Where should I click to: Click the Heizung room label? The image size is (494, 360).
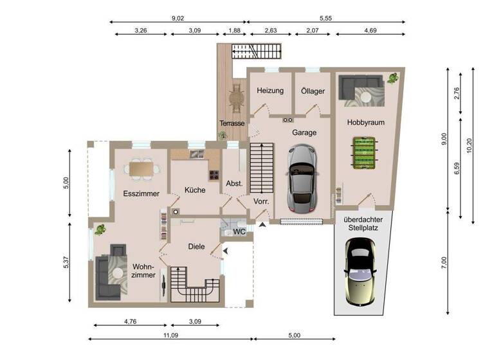pyautogui.click(x=270, y=91)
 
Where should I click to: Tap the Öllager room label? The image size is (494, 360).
pyautogui.click(x=313, y=91)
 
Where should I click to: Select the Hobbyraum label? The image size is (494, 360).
pyautogui.click(x=365, y=122)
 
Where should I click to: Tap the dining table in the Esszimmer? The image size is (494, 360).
pyautogui.click(x=143, y=168)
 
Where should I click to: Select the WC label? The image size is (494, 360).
pyautogui.click(x=239, y=231)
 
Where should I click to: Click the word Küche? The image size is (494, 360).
pyautogui.click(x=195, y=190)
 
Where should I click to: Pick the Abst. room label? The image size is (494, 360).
pyautogui.click(x=234, y=183)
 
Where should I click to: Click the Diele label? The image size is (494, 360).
pyautogui.click(x=196, y=246)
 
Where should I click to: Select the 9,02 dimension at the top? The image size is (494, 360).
pyautogui.click(x=178, y=19)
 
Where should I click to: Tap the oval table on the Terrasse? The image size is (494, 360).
pyautogui.click(x=237, y=98)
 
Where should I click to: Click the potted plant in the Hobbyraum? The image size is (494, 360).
pyautogui.click(x=392, y=80)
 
